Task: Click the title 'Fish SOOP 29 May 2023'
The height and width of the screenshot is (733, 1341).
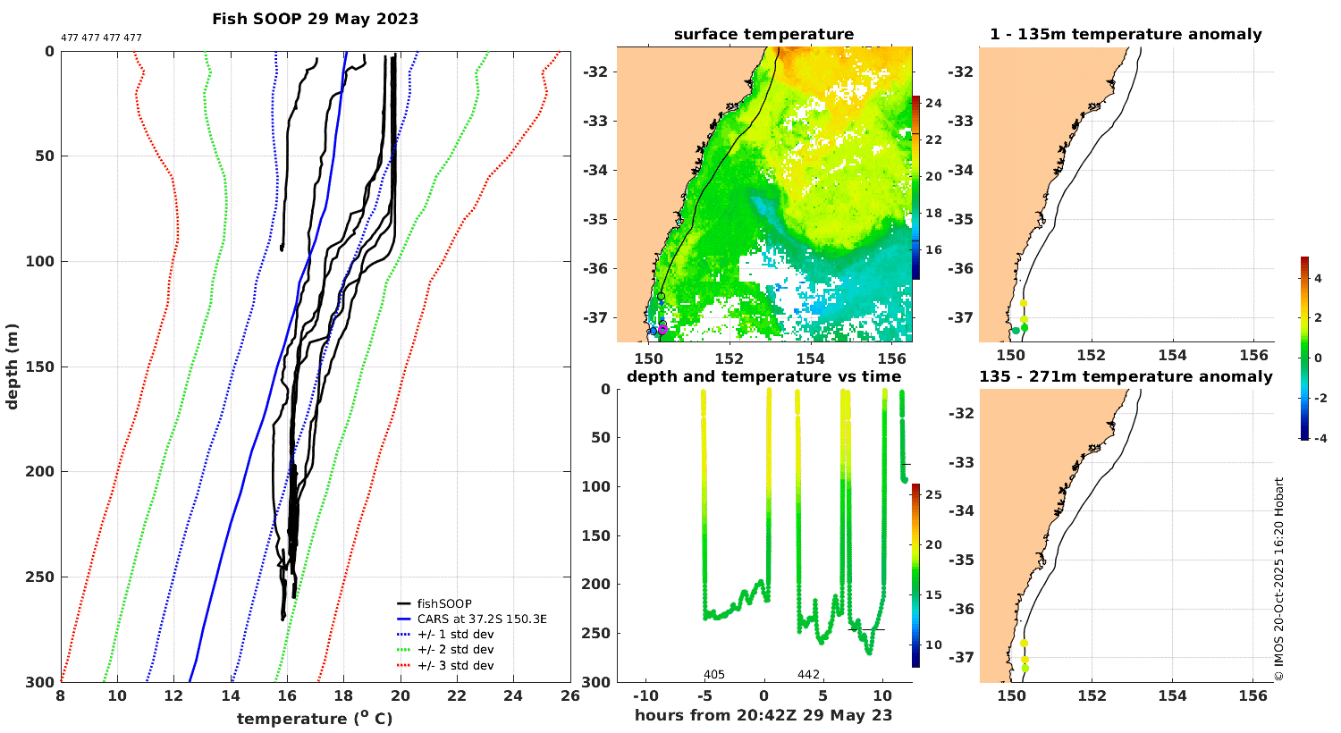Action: click(x=315, y=19)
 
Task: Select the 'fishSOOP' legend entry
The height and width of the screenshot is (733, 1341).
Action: click(x=443, y=603)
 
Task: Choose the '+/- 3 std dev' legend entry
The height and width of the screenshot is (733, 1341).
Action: click(x=455, y=665)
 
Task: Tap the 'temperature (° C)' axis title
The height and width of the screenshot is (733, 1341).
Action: click(x=315, y=719)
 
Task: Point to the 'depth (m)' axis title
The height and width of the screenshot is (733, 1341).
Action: click(x=13, y=366)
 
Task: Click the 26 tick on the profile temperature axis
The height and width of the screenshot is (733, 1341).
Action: click(x=569, y=696)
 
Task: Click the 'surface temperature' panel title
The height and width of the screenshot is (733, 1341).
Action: click(x=763, y=35)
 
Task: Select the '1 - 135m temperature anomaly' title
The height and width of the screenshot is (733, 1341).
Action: click(x=1126, y=35)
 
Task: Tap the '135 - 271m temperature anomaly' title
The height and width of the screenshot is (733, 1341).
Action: click(x=1126, y=376)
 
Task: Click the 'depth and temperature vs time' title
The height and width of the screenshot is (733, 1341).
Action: click(x=763, y=376)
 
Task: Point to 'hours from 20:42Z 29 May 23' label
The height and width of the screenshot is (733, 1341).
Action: click(x=763, y=714)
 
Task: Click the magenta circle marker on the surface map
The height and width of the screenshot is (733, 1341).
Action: click(x=662, y=329)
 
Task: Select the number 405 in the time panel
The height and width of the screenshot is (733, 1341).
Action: click(x=714, y=674)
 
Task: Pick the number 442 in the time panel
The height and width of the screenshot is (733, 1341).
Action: click(x=808, y=674)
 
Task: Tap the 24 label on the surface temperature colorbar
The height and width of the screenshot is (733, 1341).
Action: click(x=933, y=104)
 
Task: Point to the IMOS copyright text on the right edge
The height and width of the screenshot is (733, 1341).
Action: click(x=1279, y=579)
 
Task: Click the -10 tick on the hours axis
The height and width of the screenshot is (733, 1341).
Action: click(x=645, y=696)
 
